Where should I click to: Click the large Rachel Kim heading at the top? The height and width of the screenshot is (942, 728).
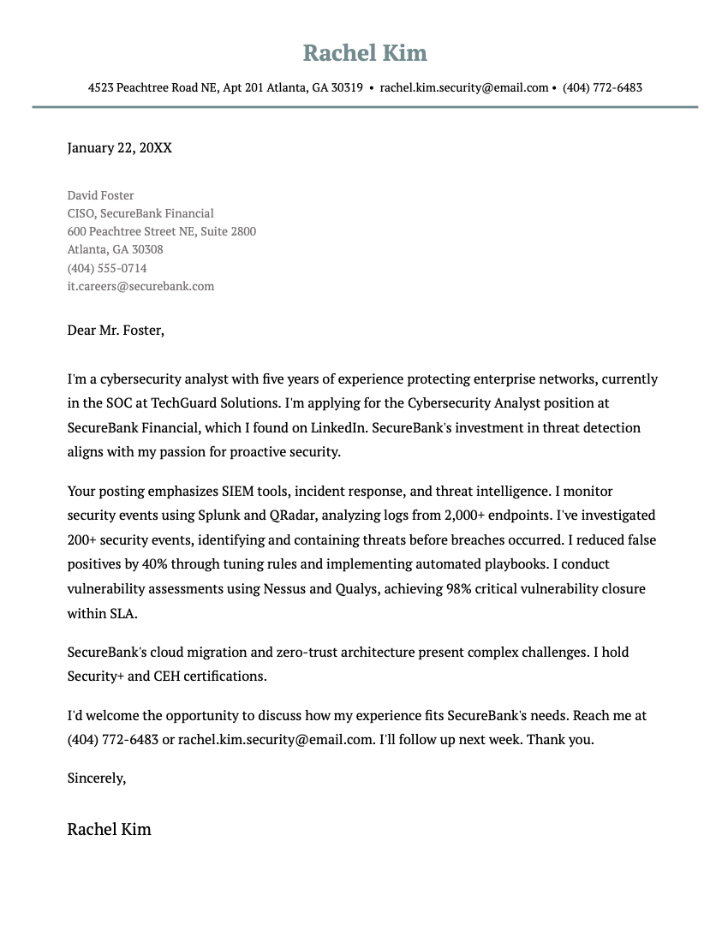coord(365,53)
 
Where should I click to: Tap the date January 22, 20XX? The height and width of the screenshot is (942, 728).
coord(119,148)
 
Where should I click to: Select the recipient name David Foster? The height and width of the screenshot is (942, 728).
coord(100,195)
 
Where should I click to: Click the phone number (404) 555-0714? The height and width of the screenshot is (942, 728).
coord(107,268)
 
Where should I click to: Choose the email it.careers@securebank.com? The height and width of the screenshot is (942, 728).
coord(140,286)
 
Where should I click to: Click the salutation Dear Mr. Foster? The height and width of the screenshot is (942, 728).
coord(115,330)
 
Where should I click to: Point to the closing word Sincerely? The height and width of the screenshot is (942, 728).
coord(96,778)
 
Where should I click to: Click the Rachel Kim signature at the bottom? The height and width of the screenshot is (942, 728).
coord(109,829)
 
